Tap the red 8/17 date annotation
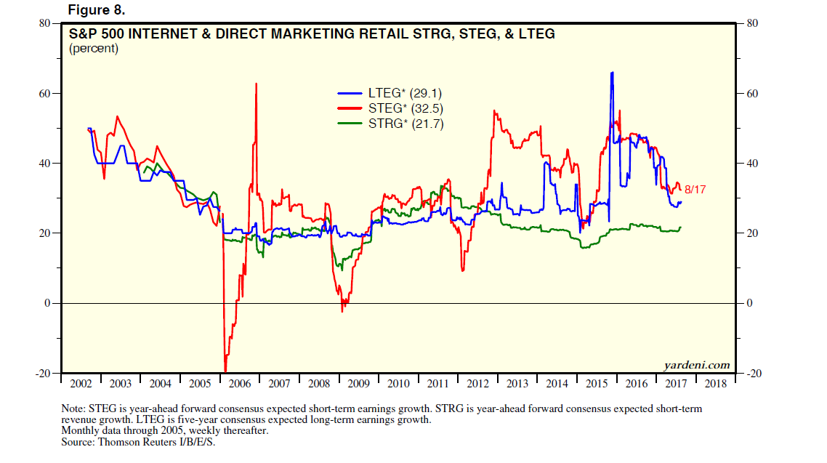point(695,190)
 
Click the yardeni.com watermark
point(696,365)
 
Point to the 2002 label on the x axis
point(81,383)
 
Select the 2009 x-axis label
point(358,383)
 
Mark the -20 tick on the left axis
point(41,373)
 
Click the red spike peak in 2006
point(256,84)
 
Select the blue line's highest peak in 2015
point(612,73)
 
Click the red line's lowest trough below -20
point(225,371)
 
